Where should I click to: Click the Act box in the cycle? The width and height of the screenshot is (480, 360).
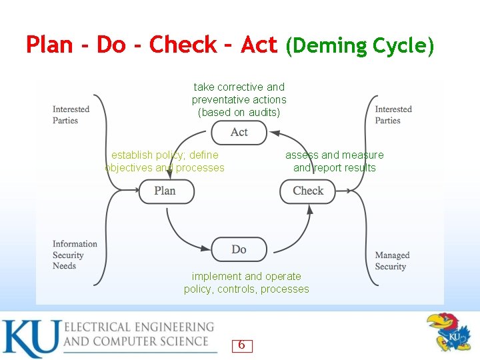pos(239,132)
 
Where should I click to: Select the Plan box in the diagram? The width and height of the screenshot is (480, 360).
pos(166,191)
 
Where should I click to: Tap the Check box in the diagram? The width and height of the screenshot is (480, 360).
pos(307,191)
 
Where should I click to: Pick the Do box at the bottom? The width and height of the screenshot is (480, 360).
pos(239,249)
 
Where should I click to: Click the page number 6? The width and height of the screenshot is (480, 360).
pos(241,345)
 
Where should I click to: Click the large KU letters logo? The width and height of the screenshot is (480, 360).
pos(30,338)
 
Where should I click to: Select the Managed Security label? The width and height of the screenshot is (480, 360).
pos(392,261)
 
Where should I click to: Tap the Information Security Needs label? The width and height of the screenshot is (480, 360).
pos(75,255)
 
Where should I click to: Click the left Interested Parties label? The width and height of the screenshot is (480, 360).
pos(71,115)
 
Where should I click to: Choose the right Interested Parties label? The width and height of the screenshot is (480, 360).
pos(393,115)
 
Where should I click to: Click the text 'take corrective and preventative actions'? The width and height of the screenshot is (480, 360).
pos(239,93)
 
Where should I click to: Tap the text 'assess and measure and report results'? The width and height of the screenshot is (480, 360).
pos(335,161)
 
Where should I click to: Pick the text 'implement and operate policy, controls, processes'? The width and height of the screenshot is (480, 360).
pos(247,283)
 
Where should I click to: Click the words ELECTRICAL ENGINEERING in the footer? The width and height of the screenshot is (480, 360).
pos(139,327)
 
